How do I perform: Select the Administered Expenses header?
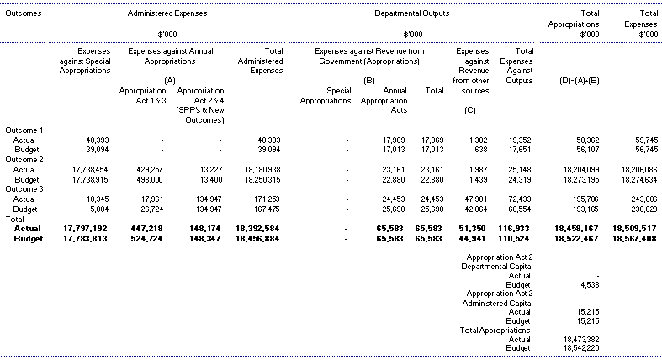click(167, 14)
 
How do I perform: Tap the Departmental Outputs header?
click(411, 14)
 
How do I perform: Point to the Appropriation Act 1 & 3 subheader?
click(142, 94)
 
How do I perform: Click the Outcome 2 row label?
click(24, 159)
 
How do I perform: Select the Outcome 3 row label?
click(24, 188)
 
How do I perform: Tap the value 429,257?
click(149, 169)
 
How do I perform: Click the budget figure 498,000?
click(149, 178)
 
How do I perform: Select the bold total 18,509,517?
click(633, 227)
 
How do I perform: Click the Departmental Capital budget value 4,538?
click(588, 284)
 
